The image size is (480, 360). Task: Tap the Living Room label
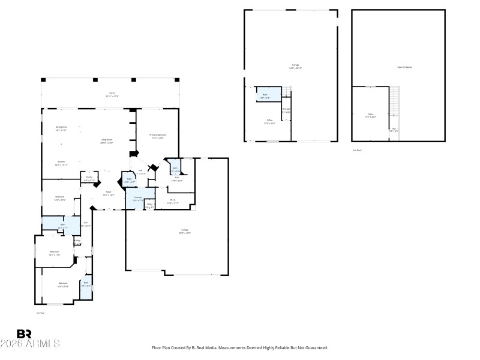click(x=107, y=141)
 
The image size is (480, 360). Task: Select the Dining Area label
click(x=61, y=128)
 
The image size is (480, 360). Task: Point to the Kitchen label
click(x=61, y=162)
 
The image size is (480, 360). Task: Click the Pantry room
click(x=89, y=178)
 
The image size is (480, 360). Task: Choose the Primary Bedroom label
click(x=158, y=136)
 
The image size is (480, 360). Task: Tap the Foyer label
click(x=108, y=194)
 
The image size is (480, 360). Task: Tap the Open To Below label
click(x=404, y=67)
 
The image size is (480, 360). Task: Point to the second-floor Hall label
click(x=394, y=130)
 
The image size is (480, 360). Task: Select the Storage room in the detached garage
click(x=287, y=110)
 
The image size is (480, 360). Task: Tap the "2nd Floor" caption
click(x=358, y=150)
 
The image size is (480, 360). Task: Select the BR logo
click(x=24, y=334)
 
